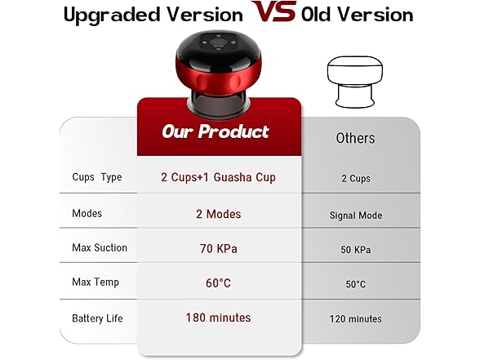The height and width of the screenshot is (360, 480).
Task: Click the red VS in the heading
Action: click(273, 13)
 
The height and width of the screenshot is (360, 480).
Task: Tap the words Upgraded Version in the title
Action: click(153, 15)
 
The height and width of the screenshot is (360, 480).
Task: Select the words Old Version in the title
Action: click(357, 15)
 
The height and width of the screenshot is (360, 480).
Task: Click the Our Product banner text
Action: click(216, 131)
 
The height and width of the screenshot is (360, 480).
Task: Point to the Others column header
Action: click(355, 138)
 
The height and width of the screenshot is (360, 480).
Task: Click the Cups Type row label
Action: click(96, 177)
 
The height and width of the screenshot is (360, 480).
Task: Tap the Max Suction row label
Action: click(100, 247)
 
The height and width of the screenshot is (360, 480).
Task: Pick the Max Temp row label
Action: click(95, 282)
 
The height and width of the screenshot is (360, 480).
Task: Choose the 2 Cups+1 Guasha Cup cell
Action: click(219, 177)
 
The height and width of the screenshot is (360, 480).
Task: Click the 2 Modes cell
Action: click(219, 213)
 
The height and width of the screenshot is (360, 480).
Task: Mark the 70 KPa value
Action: click(219, 247)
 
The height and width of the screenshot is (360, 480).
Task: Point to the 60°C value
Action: click(219, 282)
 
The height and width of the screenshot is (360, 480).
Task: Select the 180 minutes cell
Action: click(219, 317)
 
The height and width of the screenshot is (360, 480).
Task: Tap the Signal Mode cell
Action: click(356, 216)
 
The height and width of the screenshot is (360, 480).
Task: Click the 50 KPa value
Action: click(356, 250)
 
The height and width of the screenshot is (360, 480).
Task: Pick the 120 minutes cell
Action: click(356, 318)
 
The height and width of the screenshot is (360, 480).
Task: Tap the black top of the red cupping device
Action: click(218, 45)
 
